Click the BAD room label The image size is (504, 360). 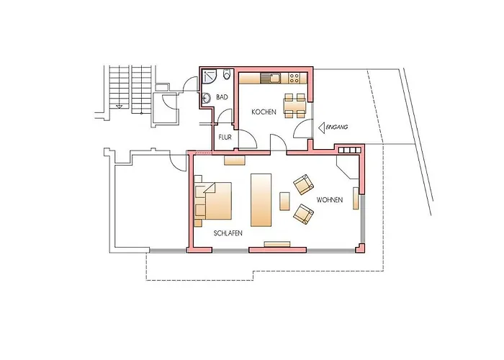(222, 97)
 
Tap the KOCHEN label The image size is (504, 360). (264, 112)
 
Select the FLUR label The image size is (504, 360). (225, 138)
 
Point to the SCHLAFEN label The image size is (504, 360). (228, 233)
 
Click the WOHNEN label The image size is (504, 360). (330, 200)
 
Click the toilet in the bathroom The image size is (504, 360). (228, 75)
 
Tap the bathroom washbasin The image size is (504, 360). (206, 97)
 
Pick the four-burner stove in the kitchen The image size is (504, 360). (294, 78)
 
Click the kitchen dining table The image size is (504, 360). (294, 105)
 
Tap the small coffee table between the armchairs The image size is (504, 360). (285, 201)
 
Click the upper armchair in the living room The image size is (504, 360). (303, 184)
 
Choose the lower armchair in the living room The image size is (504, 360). (303, 214)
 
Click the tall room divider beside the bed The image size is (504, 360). (261, 200)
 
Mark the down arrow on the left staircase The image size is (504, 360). (119, 107)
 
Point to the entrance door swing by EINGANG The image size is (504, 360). (302, 128)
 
